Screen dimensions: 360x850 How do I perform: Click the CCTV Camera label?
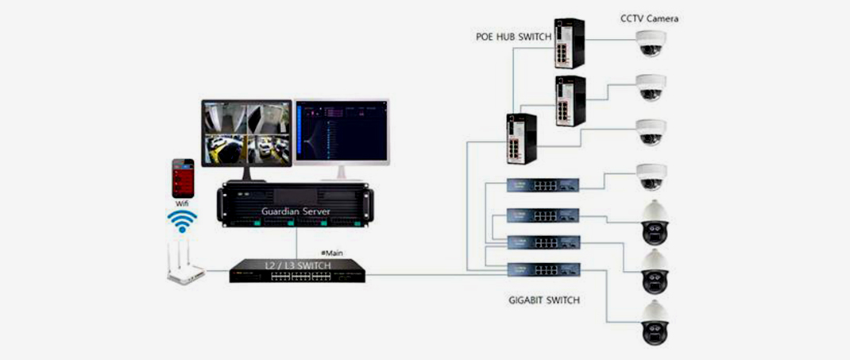pos(650,18)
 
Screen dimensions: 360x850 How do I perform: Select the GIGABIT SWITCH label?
pos(543,300)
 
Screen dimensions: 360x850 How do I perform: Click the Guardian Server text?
pos(295,211)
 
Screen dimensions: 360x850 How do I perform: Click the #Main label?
pos(332,253)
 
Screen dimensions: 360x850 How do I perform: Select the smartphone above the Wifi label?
pos(184,177)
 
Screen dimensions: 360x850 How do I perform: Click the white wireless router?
pos(186,265)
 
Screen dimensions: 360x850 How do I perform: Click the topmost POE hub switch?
pos(569,43)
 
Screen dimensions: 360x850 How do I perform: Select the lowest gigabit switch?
pos(543,269)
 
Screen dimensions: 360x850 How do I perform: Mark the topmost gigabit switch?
pos(543,184)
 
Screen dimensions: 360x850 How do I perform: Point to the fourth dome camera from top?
pos(651,176)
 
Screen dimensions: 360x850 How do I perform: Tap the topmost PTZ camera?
pos(655,222)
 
